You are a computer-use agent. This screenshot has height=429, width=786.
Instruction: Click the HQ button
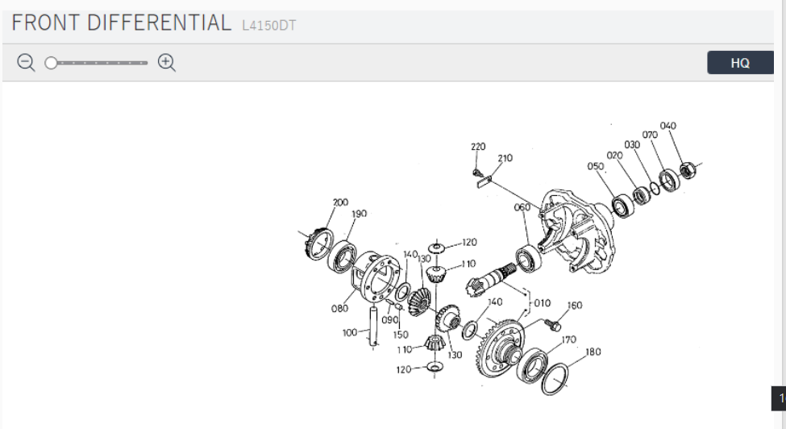click(739, 63)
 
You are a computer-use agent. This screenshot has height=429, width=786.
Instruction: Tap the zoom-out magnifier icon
click(27, 63)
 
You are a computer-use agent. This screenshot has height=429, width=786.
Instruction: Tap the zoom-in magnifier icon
click(167, 63)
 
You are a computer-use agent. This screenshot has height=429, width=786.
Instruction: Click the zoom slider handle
click(50, 63)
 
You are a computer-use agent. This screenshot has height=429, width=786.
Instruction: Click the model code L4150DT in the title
click(268, 26)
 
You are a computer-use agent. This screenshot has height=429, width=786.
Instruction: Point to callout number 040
click(667, 126)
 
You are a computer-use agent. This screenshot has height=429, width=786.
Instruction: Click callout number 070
click(650, 135)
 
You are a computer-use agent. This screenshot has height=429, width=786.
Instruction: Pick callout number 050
click(596, 166)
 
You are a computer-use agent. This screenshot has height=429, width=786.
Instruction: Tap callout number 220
click(478, 147)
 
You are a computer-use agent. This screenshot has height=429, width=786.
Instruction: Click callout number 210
click(505, 158)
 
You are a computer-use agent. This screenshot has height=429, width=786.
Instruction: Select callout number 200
click(340, 202)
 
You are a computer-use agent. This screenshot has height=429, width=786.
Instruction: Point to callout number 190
click(359, 214)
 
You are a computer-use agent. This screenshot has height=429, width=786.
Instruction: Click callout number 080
click(339, 307)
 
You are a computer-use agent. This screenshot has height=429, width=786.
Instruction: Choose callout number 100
click(349, 332)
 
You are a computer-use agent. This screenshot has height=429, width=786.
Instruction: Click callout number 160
click(574, 306)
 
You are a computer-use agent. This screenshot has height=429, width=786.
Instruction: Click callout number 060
click(522, 207)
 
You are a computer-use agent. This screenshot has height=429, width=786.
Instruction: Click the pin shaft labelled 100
click(372, 327)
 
